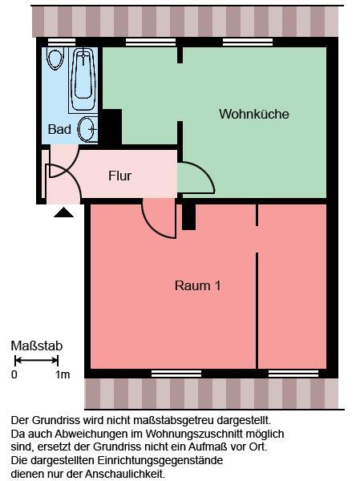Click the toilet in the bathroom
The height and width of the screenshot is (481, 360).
click(x=55, y=58)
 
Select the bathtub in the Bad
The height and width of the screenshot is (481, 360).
click(x=83, y=79)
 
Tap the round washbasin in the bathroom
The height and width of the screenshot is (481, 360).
click(x=88, y=128)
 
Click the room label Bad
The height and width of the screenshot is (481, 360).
click(x=59, y=129)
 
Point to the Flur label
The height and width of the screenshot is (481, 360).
click(x=119, y=176)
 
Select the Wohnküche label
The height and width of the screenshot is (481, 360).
click(x=253, y=114)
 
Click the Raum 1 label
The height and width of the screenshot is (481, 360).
click(x=197, y=285)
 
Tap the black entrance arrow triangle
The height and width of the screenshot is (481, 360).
click(x=63, y=212)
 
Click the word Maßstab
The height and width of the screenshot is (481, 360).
click(x=36, y=346)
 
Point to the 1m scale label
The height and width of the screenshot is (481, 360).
click(x=63, y=374)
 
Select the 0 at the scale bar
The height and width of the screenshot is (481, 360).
click(x=14, y=374)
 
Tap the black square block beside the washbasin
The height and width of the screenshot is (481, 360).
click(x=110, y=127)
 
